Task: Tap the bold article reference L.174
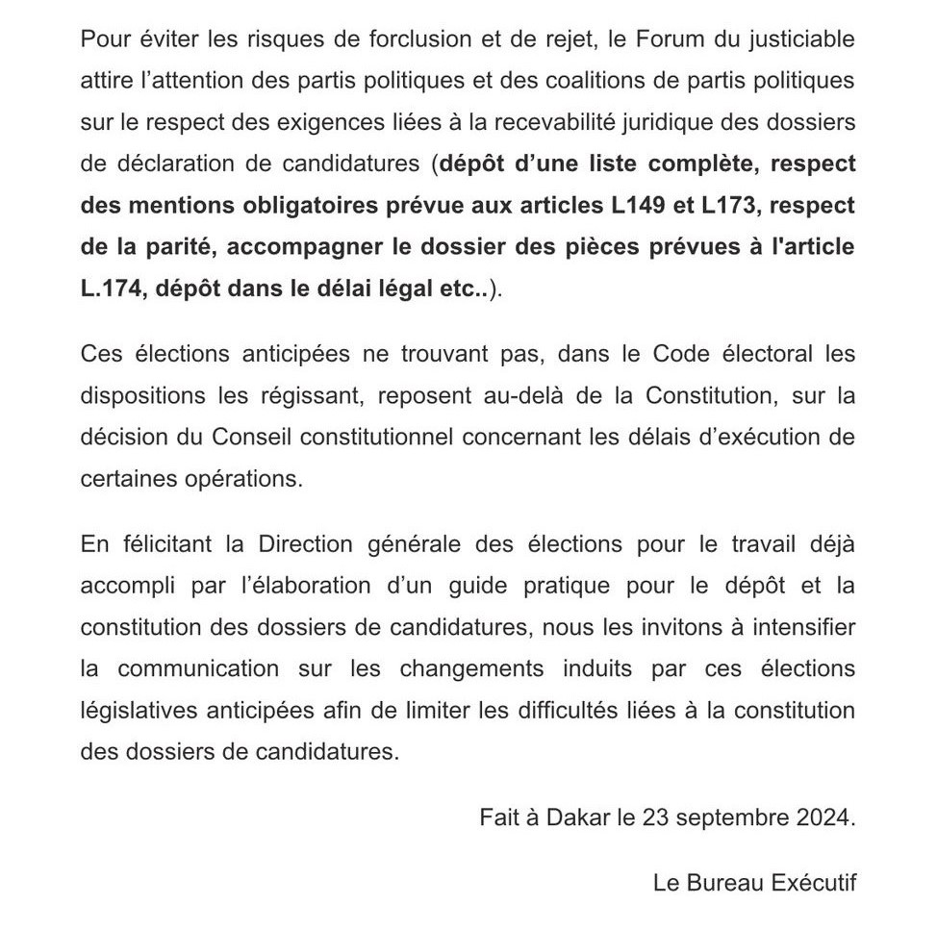tap(111, 289)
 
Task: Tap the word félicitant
tap(167, 543)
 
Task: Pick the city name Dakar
tap(577, 818)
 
